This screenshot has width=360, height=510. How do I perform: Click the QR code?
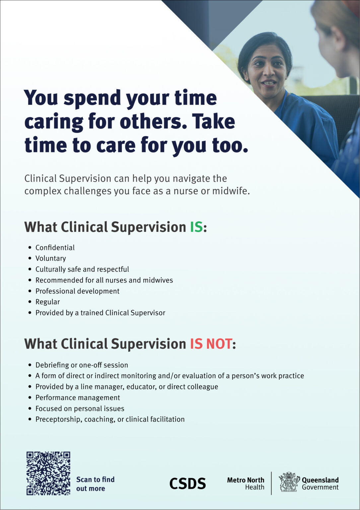[x=48, y=473]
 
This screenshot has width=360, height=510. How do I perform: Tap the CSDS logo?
[x=187, y=484]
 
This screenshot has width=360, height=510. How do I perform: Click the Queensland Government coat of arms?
[x=289, y=482]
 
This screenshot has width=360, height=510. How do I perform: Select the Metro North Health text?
[x=246, y=483]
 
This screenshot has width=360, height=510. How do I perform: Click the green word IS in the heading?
[x=196, y=227]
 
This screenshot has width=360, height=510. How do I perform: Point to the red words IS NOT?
[x=211, y=344]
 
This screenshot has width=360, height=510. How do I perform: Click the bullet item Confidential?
[x=55, y=248]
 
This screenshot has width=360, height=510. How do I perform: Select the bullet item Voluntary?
[x=51, y=258]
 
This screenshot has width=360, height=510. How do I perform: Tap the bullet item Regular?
[x=48, y=302]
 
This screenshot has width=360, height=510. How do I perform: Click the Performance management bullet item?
[x=78, y=397]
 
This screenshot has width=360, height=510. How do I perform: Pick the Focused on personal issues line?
[x=80, y=408]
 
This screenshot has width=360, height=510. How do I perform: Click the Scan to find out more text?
[x=95, y=484]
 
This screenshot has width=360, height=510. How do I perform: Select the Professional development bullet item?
[x=77, y=291]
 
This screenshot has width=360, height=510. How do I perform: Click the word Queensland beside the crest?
[x=320, y=480]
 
